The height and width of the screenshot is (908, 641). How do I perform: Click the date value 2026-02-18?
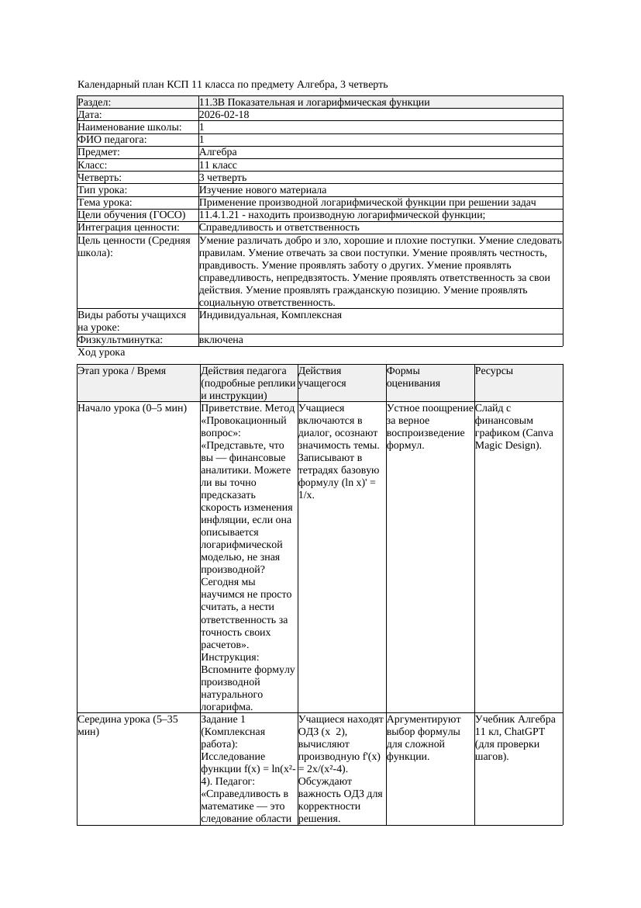224,115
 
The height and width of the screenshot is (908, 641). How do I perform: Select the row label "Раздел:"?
95,102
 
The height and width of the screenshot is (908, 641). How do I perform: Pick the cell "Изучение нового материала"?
263,190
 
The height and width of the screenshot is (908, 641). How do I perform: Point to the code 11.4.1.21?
222,215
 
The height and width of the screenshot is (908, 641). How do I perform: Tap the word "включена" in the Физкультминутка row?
221,340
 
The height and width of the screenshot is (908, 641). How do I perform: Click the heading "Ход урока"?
102,352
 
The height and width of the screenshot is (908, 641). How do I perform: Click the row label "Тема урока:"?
105,203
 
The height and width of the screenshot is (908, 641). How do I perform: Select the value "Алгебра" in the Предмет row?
218,152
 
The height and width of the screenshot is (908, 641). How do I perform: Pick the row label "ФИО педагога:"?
112,140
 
